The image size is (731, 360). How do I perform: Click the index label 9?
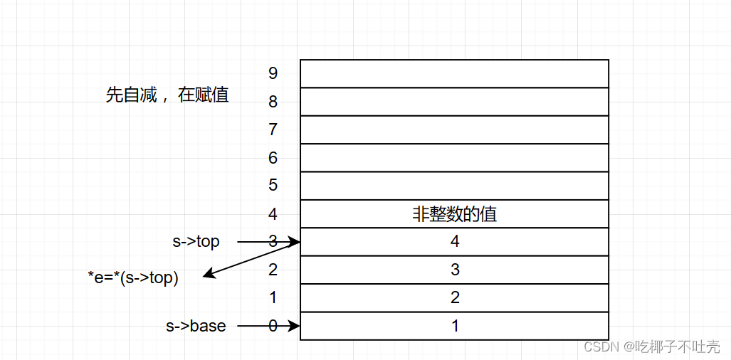pos(273,73)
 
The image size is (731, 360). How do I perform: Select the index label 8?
pos(273,102)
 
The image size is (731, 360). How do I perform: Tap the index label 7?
pos(273,129)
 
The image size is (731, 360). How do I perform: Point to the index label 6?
pos(273,158)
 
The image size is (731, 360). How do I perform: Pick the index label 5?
pos(273,186)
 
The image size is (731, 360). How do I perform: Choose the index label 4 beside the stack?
pos(273,214)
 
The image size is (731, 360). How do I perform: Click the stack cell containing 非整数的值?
pos(454,214)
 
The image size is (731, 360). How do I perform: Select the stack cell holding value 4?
pos(454,242)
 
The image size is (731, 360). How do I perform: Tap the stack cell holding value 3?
pos(454,270)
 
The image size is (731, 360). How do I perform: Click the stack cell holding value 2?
pos(454,298)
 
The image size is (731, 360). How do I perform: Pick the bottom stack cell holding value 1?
pos(454,326)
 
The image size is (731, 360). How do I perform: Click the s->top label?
pos(196,242)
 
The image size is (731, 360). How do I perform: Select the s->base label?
pos(196,326)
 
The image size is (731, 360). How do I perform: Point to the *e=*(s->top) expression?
pos(133,277)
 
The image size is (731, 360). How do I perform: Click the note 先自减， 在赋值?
pos(167,95)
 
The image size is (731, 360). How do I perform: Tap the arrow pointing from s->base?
pos(268,326)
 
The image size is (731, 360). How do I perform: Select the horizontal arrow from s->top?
pos(268,242)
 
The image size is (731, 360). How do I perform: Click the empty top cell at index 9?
pos(454,73)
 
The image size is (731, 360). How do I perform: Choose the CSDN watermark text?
pos(651,346)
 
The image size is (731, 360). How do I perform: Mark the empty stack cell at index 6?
pos(454,158)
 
